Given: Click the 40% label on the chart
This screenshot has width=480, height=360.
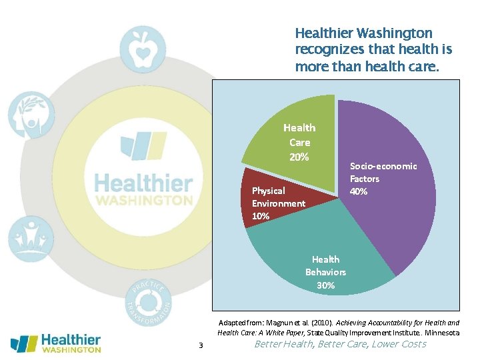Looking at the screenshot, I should [359, 191].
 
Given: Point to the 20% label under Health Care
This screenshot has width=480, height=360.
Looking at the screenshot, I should [299, 157].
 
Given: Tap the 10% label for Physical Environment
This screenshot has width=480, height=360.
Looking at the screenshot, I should [261, 216].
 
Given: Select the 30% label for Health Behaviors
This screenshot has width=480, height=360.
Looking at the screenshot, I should [325, 285].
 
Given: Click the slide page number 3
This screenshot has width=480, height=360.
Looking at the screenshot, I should [200, 345].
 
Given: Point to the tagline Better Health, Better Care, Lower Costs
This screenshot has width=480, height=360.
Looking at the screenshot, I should [340, 344].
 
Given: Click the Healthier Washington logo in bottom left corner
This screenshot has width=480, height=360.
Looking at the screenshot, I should [56, 343].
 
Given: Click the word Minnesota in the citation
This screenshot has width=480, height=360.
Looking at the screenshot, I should [441, 332].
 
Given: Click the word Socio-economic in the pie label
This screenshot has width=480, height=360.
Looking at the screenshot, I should [383, 166].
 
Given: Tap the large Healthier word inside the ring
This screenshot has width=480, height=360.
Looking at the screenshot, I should [143, 182].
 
